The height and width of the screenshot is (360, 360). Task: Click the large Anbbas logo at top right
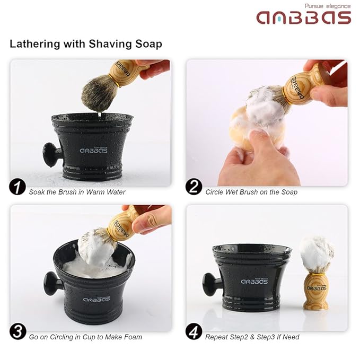[x=304, y=17]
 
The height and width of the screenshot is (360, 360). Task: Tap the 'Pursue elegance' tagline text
[x=327, y=6]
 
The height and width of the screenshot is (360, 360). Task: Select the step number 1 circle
[x=17, y=187]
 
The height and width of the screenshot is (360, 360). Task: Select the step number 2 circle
[x=194, y=187]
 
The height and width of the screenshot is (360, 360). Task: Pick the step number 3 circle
[x=17, y=332]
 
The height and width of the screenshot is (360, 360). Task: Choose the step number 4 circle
[x=194, y=332]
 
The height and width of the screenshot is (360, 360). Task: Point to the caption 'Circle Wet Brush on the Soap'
[x=251, y=192]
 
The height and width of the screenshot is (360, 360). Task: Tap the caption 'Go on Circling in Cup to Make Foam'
[x=85, y=337]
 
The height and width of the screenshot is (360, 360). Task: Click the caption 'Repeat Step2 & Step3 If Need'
[x=252, y=337]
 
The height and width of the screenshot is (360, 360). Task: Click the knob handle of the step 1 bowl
[x=52, y=155]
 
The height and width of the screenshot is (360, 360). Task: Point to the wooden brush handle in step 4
[x=316, y=291]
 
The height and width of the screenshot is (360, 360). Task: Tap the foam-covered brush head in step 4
[x=317, y=253]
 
